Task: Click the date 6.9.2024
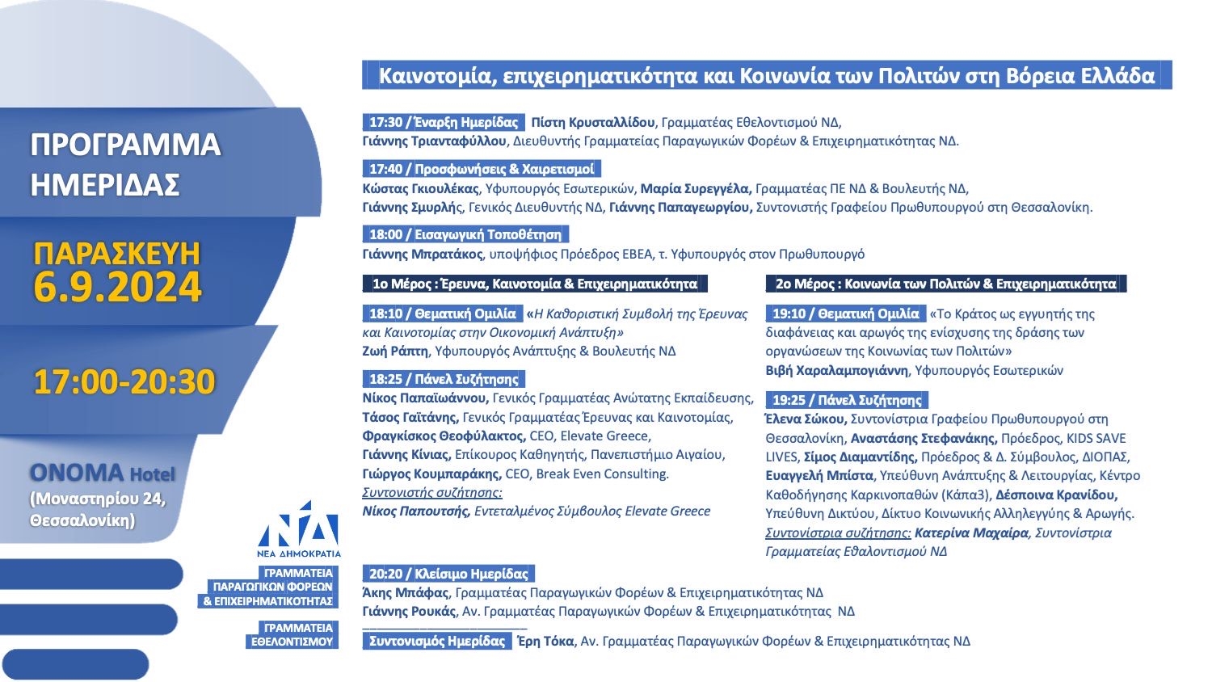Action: pos(118,288)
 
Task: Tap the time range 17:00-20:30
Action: pos(124,382)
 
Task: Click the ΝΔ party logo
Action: pos(298,527)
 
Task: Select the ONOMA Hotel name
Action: pos(103,473)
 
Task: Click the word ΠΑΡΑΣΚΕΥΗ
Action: pos(117,253)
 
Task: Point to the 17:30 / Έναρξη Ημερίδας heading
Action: pos(444,123)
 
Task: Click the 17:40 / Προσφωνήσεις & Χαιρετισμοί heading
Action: pos(482,169)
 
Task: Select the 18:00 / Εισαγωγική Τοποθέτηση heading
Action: pos(465,234)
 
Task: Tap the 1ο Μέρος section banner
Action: pos(535,284)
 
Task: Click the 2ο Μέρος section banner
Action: pos(945,284)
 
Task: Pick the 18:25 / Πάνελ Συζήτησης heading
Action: pos(444,379)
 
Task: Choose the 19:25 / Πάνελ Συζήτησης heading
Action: pos(847,400)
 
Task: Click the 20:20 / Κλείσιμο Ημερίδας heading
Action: pos(448,574)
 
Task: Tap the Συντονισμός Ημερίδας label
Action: pos(437,641)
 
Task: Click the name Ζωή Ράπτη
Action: pos(396,352)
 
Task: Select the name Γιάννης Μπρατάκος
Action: pos(423,254)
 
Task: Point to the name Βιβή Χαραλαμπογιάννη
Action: pos(836,371)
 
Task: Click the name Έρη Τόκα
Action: pos(545,641)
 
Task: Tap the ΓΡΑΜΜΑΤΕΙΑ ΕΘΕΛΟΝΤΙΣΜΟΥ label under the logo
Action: pos(291,634)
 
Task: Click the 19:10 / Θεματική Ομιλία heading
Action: pos(846,314)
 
